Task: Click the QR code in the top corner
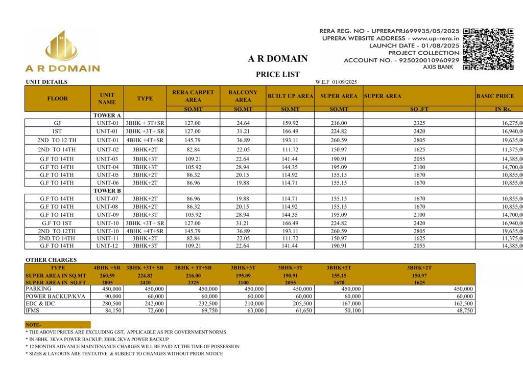pyautogui.click(x=488, y=49)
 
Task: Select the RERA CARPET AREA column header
pyautogui.click(x=193, y=96)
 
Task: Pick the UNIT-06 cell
pyautogui.click(x=107, y=183)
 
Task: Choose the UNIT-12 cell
pyautogui.click(x=107, y=246)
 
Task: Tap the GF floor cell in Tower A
pyautogui.click(x=57, y=123)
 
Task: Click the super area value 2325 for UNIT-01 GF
pyautogui.click(x=419, y=123)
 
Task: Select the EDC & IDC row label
pyautogui.click(x=40, y=303)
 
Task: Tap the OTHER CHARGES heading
pyautogui.click(x=51, y=260)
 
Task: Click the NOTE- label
pyautogui.click(x=34, y=325)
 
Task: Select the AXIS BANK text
pyautogui.click(x=438, y=67)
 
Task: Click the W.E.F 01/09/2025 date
pyautogui.click(x=336, y=82)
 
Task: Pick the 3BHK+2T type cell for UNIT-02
pyautogui.click(x=145, y=149)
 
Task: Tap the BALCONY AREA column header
pyautogui.click(x=243, y=96)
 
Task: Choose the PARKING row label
pyautogui.click(x=39, y=289)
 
